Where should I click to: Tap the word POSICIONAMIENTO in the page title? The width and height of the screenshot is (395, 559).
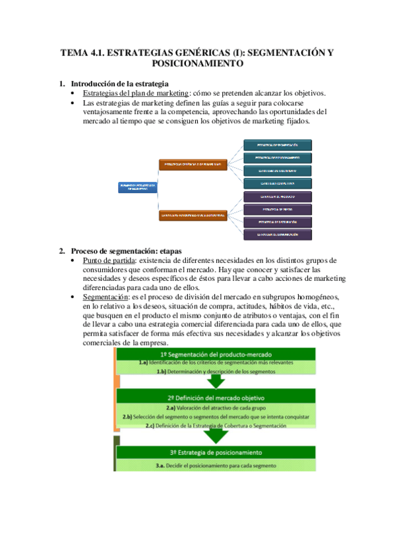point(197,64)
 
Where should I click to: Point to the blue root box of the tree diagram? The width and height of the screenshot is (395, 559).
point(137,187)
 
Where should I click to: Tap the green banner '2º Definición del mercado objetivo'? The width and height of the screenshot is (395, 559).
point(216,398)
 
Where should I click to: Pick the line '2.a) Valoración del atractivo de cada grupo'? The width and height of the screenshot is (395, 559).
point(216,409)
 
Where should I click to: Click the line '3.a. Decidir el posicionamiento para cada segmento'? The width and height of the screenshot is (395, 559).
point(216,465)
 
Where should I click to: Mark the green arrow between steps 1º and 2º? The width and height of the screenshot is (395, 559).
point(216,382)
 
